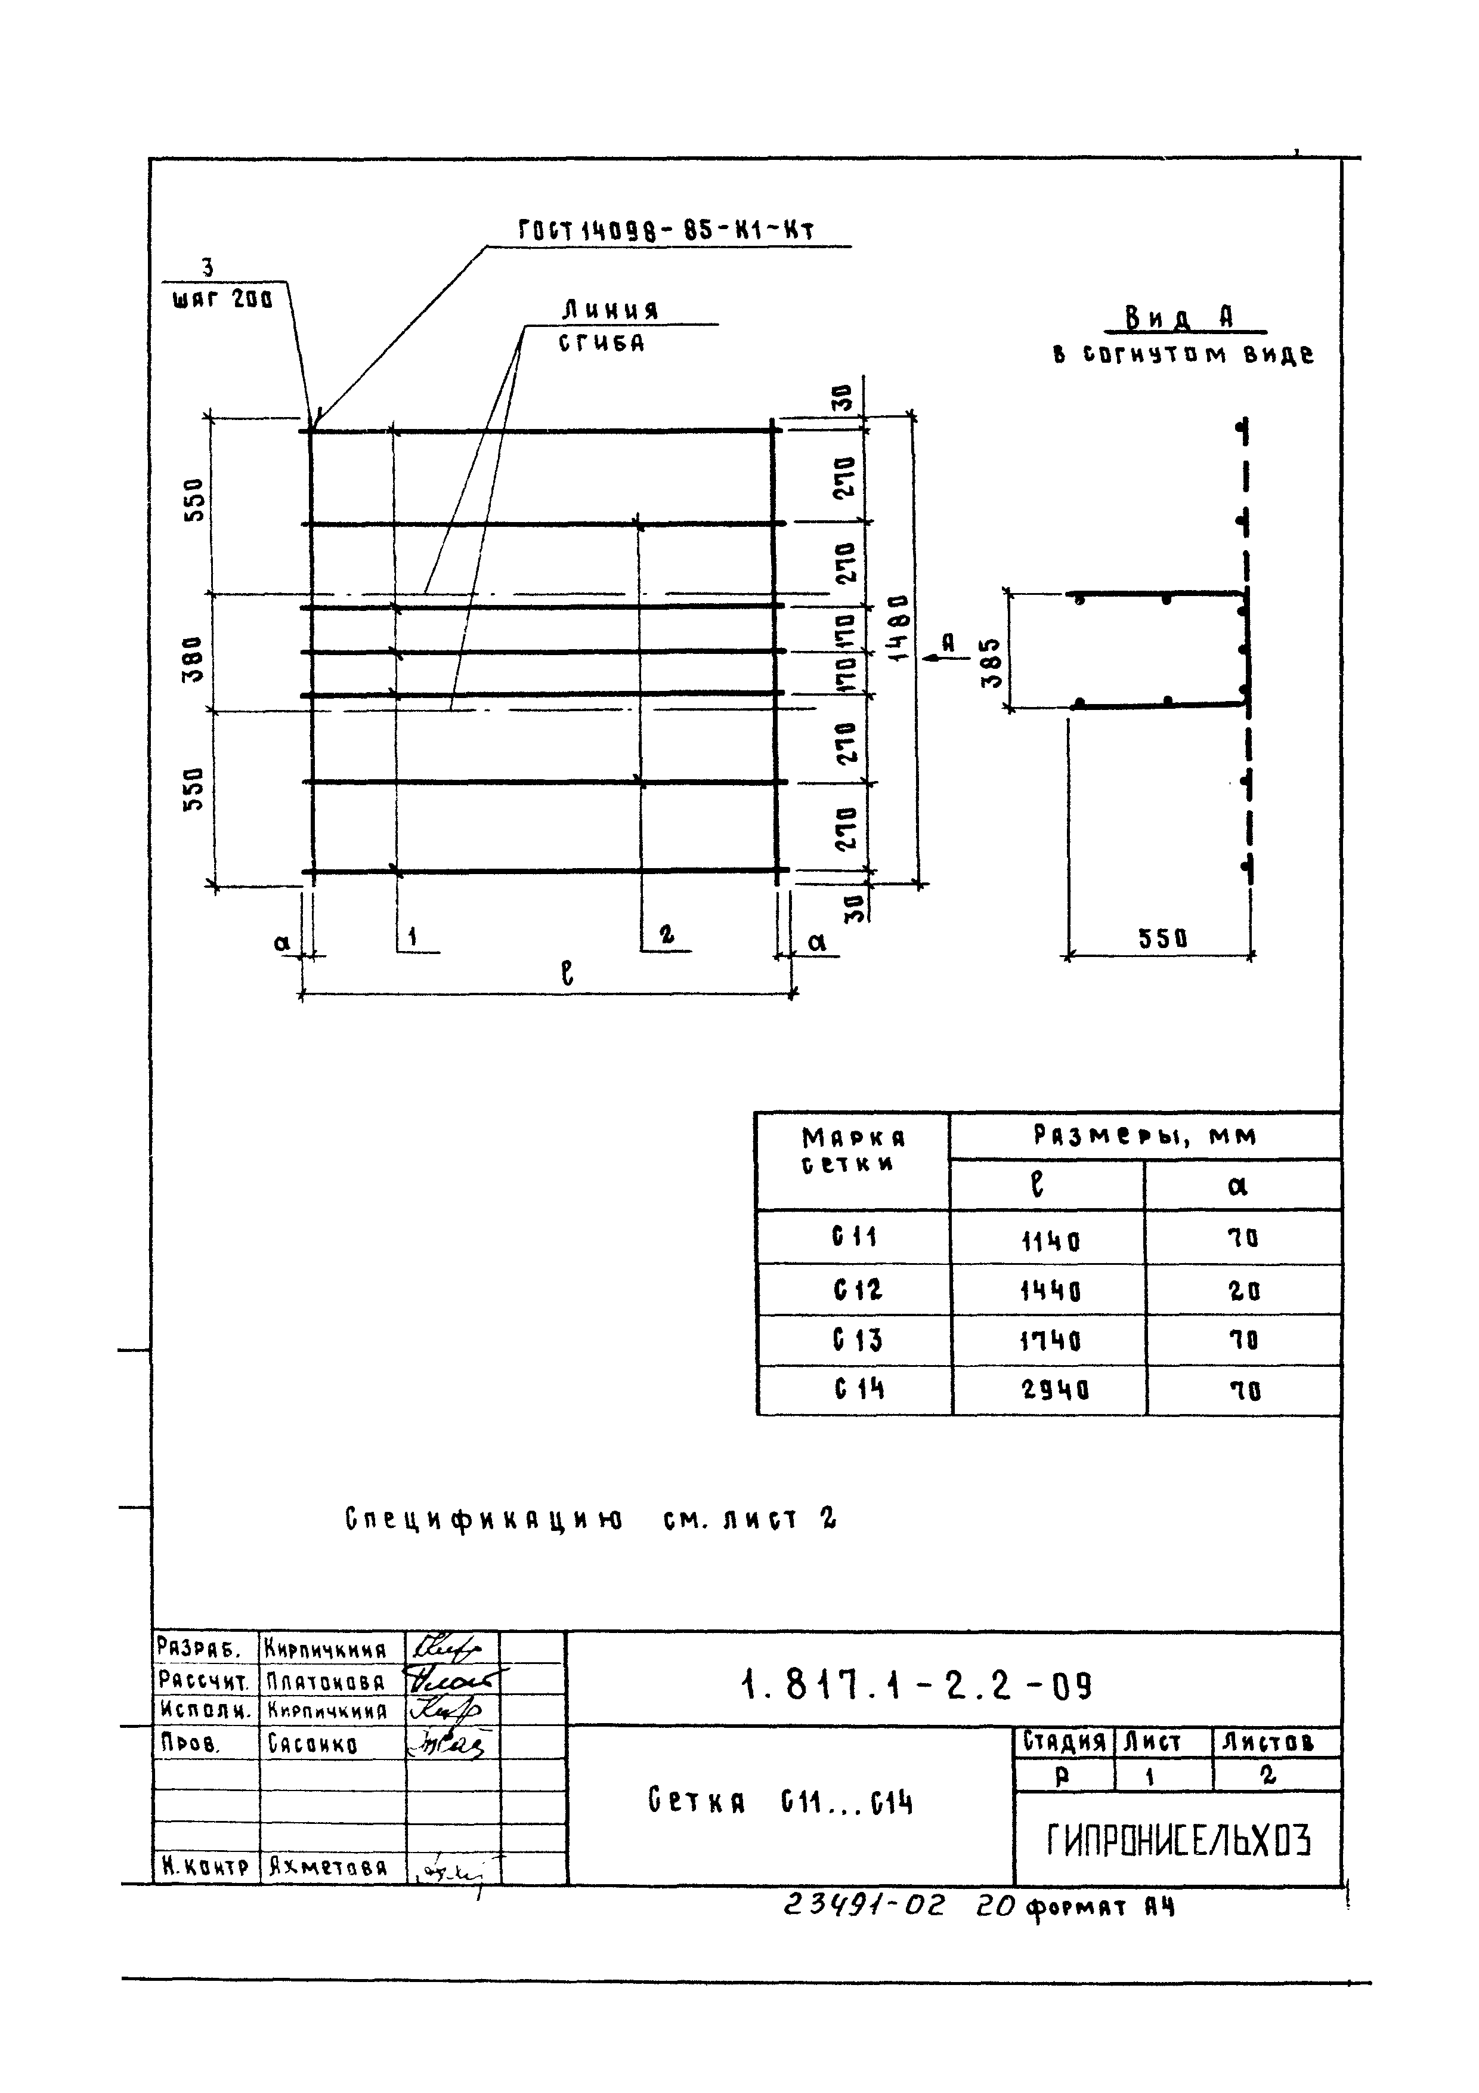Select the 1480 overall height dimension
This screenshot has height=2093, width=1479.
click(899, 628)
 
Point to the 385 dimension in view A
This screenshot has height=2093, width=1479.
click(994, 663)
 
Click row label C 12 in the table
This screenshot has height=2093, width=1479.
click(856, 1290)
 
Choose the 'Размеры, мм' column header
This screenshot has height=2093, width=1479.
click(1144, 1136)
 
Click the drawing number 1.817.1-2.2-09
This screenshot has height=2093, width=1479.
click(917, 1687)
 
